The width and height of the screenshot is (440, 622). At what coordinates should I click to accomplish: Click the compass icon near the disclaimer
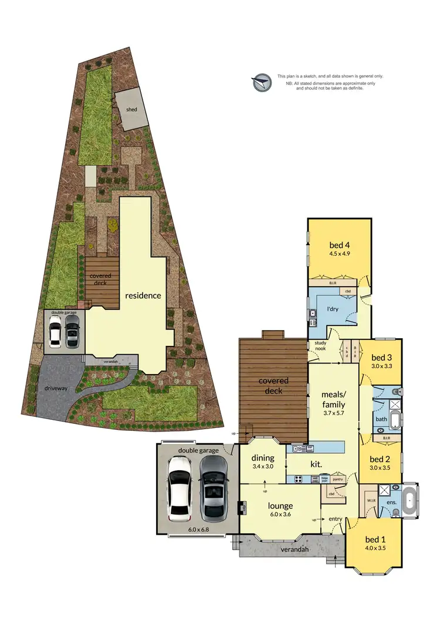[262, 83]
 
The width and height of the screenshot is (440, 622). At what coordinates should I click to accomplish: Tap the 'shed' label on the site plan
[131, 109]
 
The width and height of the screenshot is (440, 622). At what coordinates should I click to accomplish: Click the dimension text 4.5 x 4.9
[340, 254]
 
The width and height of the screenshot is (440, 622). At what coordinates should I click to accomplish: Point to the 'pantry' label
[337, 479]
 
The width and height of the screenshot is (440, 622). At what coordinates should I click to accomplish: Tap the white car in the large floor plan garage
[180, 488]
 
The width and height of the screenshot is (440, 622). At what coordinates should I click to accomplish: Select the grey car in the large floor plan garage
[214, 488]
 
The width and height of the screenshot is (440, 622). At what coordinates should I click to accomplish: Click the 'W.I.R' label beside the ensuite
[371, 501]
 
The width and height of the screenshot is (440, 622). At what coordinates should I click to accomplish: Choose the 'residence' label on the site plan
[142, 295]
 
